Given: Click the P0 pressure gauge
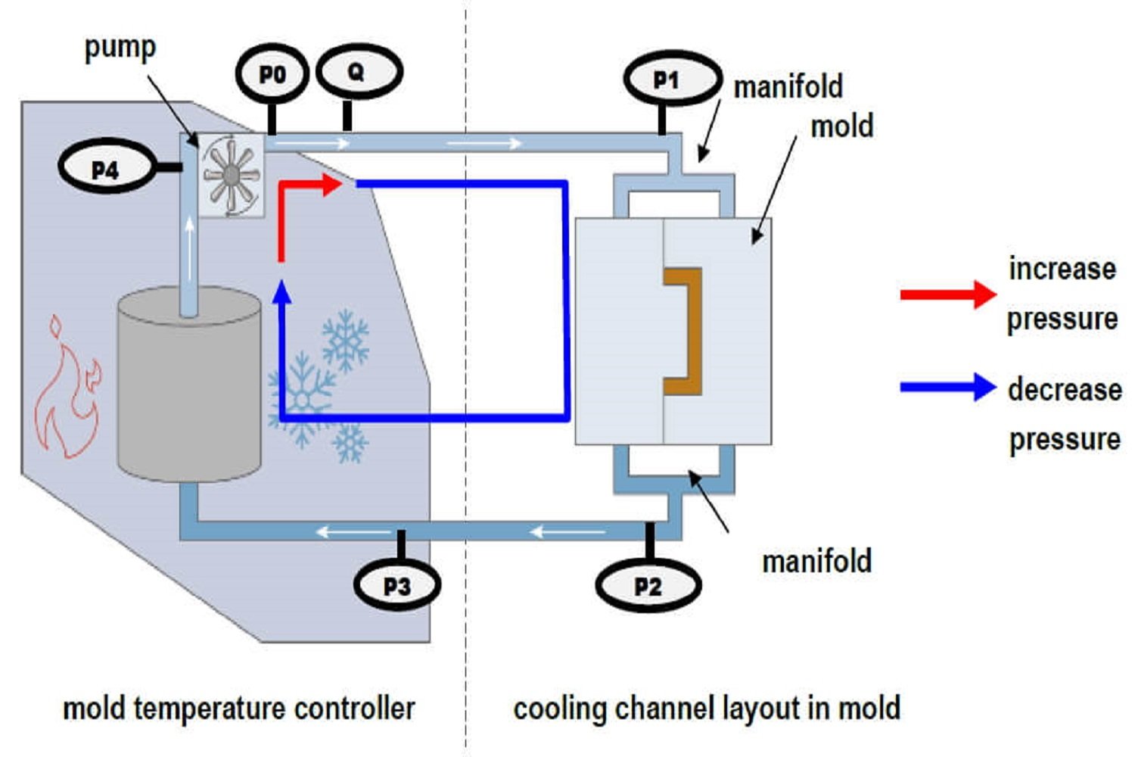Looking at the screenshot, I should click(272, 74).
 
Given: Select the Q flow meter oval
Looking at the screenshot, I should click(358, 72).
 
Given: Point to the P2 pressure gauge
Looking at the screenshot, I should click(648, 585).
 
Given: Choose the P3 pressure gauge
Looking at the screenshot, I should click(397, 585).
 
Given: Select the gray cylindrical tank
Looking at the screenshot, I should click(189, 386).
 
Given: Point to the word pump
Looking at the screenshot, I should click(120, 47).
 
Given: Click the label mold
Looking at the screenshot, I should click(841, 126).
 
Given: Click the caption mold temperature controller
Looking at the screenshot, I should click(238, 709).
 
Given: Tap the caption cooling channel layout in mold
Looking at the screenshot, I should click(707, 709).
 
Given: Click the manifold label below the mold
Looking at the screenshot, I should click(816, 561).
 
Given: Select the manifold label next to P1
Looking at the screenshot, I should click(788, 86).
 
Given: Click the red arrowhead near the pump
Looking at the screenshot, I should click(332, 184).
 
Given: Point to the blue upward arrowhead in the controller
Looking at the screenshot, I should click(281, 292).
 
